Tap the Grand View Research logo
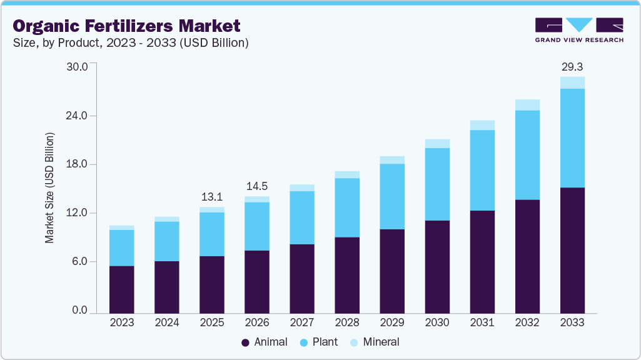point(579,29)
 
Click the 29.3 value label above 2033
point(572,66)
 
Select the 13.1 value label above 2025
point(212,197)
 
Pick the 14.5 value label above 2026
point(257,186)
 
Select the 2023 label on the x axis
point(121,322)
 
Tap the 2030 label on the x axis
point(437,322)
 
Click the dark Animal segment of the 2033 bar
point(572,250)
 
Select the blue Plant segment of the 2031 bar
point(482,170)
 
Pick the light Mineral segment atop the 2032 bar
point(527,105)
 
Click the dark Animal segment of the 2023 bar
point(121,289)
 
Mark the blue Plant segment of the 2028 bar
point(347,207)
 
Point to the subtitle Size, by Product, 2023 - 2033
point(131,43)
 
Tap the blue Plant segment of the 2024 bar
point(167,241)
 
